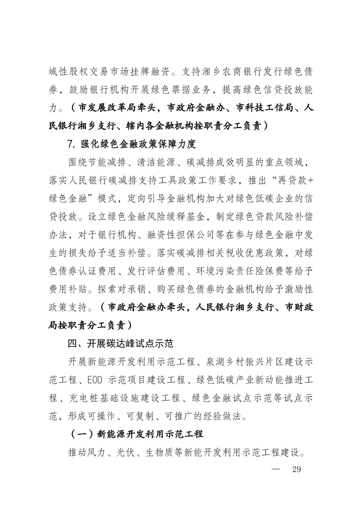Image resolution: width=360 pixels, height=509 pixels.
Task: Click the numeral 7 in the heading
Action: (70, 145)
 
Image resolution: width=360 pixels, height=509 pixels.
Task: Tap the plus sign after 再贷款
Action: (306, 180)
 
